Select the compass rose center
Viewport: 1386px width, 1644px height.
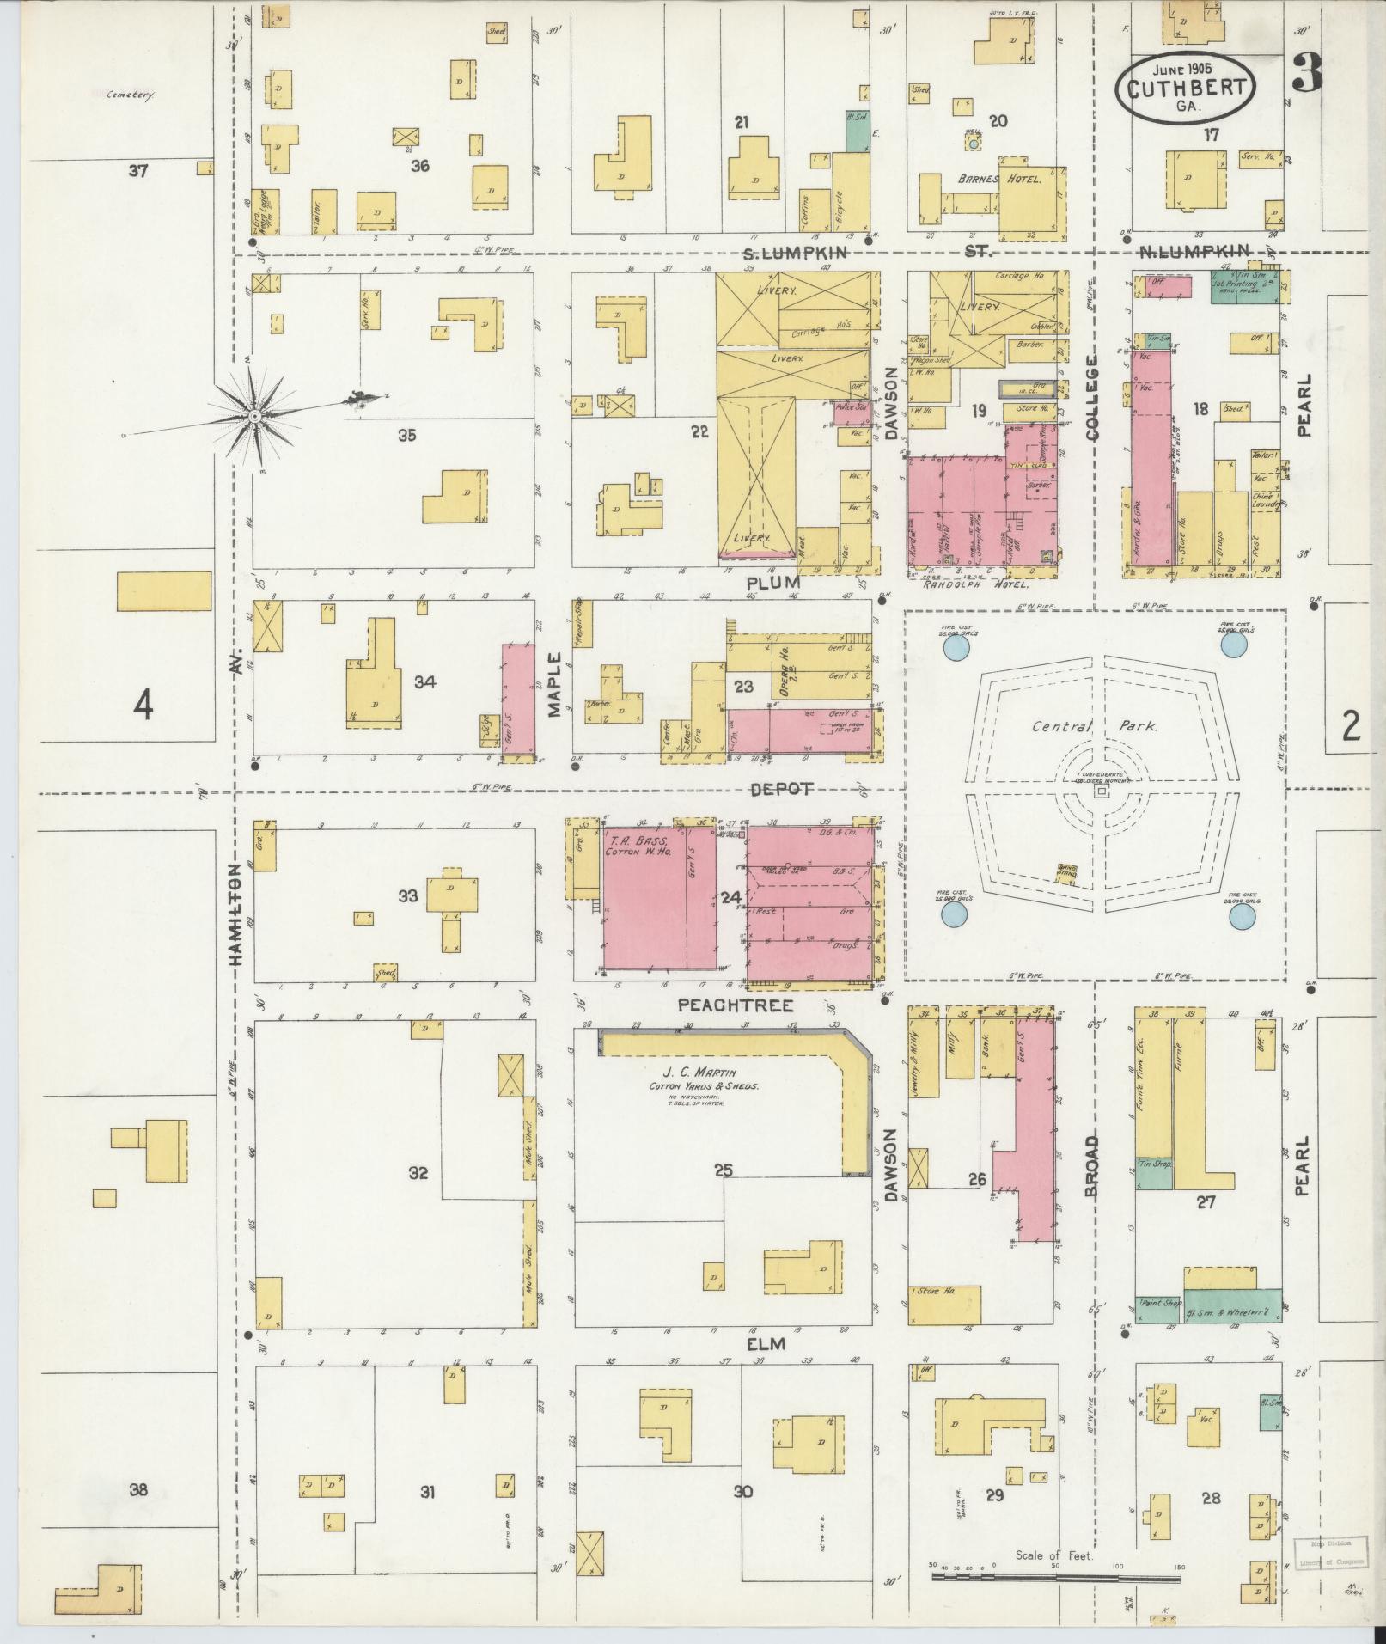(x=254, y=416)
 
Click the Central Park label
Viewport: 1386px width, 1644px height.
(x=1095, y=726)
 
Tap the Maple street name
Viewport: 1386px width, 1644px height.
(x=553, y=684)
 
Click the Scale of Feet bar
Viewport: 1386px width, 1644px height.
(x=1057, y=1578)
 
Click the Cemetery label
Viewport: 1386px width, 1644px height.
(x=131, y=95)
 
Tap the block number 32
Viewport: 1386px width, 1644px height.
(x=418, y=1173)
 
